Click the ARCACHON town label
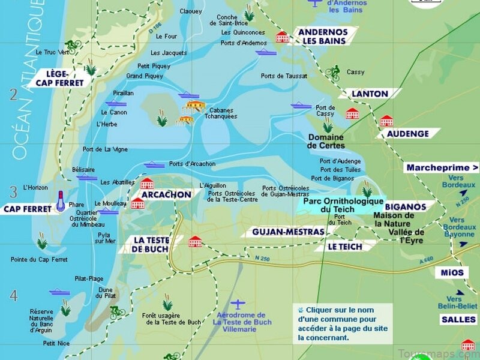(166, 195)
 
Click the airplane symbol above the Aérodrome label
(239, 304)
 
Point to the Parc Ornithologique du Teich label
(343, 205)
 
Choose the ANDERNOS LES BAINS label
(323, 36)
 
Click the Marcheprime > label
(443, 168)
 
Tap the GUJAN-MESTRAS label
(288, 232)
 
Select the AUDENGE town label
(407, 134)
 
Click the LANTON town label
(369, 94)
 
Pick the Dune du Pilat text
(105, 293)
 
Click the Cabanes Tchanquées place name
(221, 113)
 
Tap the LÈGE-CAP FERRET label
(60, 79)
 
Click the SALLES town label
(458, 320)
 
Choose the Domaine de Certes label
(326, 141)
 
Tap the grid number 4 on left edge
(13, 295)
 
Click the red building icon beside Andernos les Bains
(282, 37)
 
